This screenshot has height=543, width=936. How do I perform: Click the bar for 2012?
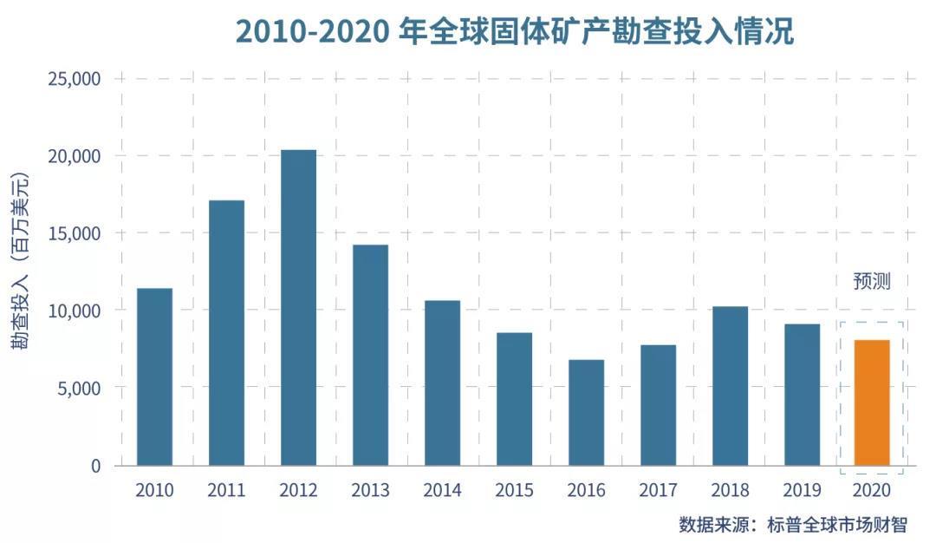tap(298, 308)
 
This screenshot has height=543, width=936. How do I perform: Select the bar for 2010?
tap(154, 376)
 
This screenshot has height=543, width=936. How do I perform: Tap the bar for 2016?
tap(586, 412)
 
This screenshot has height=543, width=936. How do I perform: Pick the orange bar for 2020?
tap(872, 402)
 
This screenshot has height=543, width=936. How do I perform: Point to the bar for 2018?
tap(730, 386)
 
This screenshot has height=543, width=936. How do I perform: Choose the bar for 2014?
tap(442, 383)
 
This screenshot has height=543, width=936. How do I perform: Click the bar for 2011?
tap(226, 333)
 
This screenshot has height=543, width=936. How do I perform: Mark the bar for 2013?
tap(370, 355)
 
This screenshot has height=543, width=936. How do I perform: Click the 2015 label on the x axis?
tap(514, 490)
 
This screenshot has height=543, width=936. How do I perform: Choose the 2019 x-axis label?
tap(802, 490)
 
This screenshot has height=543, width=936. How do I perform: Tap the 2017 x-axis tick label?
tap(658, 490)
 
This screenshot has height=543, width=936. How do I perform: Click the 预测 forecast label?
tap(872, 281)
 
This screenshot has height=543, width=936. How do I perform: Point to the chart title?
tap(515, 32)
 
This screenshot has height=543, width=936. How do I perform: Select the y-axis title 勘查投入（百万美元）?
tap(20, 260)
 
